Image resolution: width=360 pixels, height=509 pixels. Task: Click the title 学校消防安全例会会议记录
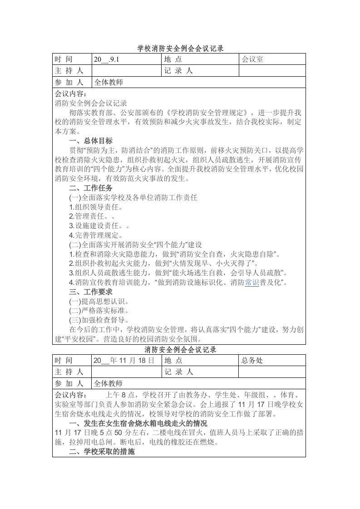pyautogui.click(x=180, y=48)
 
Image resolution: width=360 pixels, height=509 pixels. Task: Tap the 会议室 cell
pyautogui.click(x=252, y=59)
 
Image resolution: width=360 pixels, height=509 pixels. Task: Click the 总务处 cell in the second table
pyautogui.click(x=252, y=361)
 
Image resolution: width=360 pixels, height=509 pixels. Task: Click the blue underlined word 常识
pyautogui.click(x=252, y=283)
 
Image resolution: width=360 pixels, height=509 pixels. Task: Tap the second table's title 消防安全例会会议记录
pyautogui.click(x=180, y=350)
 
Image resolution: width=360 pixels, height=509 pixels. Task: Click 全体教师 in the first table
pyautogui.click(x=109, y=83)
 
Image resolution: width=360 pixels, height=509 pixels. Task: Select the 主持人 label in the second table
pyautogui.click(x=69, y=372)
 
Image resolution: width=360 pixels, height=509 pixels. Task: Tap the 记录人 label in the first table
pyautogui.click(x=178, y=71)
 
